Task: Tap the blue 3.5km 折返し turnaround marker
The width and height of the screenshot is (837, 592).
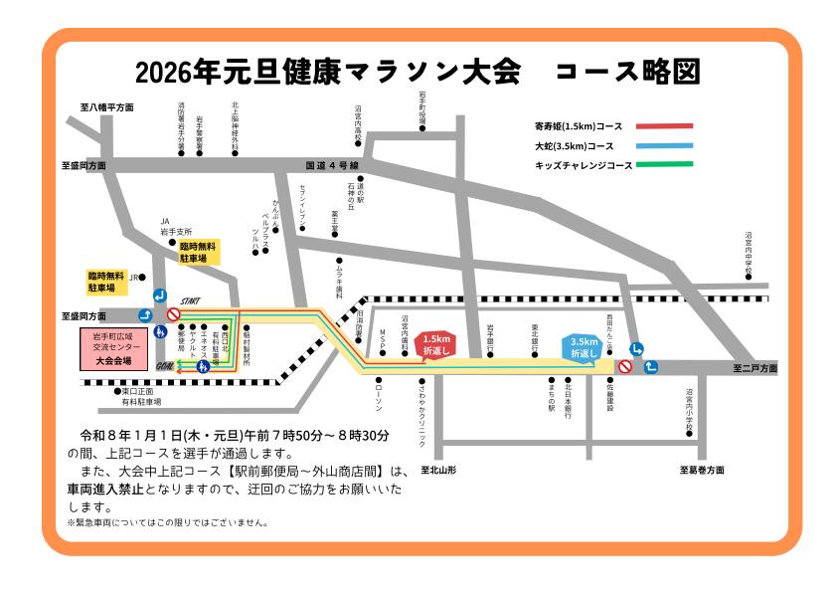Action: click(x=584, y=347)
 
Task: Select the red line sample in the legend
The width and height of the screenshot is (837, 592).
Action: click(x=663, y=126)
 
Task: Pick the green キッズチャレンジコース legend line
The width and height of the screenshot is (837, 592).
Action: click(x=663, y=164)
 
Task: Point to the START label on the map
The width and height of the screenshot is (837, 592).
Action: click(x=191, y=300)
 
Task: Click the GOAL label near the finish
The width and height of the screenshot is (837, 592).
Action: click(x=166, y=365)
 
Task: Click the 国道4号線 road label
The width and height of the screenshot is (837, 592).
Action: click(x=331, y=165)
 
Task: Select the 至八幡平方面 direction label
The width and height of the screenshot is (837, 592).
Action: click(x=107, y=105)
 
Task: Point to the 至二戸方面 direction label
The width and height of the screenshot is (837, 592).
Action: click(x=754, y=368)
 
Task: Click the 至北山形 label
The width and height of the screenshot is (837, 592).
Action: click(x=437, y=469)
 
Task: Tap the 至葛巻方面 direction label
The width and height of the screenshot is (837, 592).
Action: click(x=702, y=469)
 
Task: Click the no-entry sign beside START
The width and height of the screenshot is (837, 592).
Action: click(x=173, y=315)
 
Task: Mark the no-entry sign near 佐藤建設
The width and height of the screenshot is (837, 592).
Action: click(x=624, y=367)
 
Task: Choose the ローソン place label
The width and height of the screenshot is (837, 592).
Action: click(x=379, y=396)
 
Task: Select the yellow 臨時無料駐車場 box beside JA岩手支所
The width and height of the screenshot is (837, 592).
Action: click(x=200, y=251)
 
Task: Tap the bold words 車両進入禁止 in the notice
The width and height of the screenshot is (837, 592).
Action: click(x=108, y=490)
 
